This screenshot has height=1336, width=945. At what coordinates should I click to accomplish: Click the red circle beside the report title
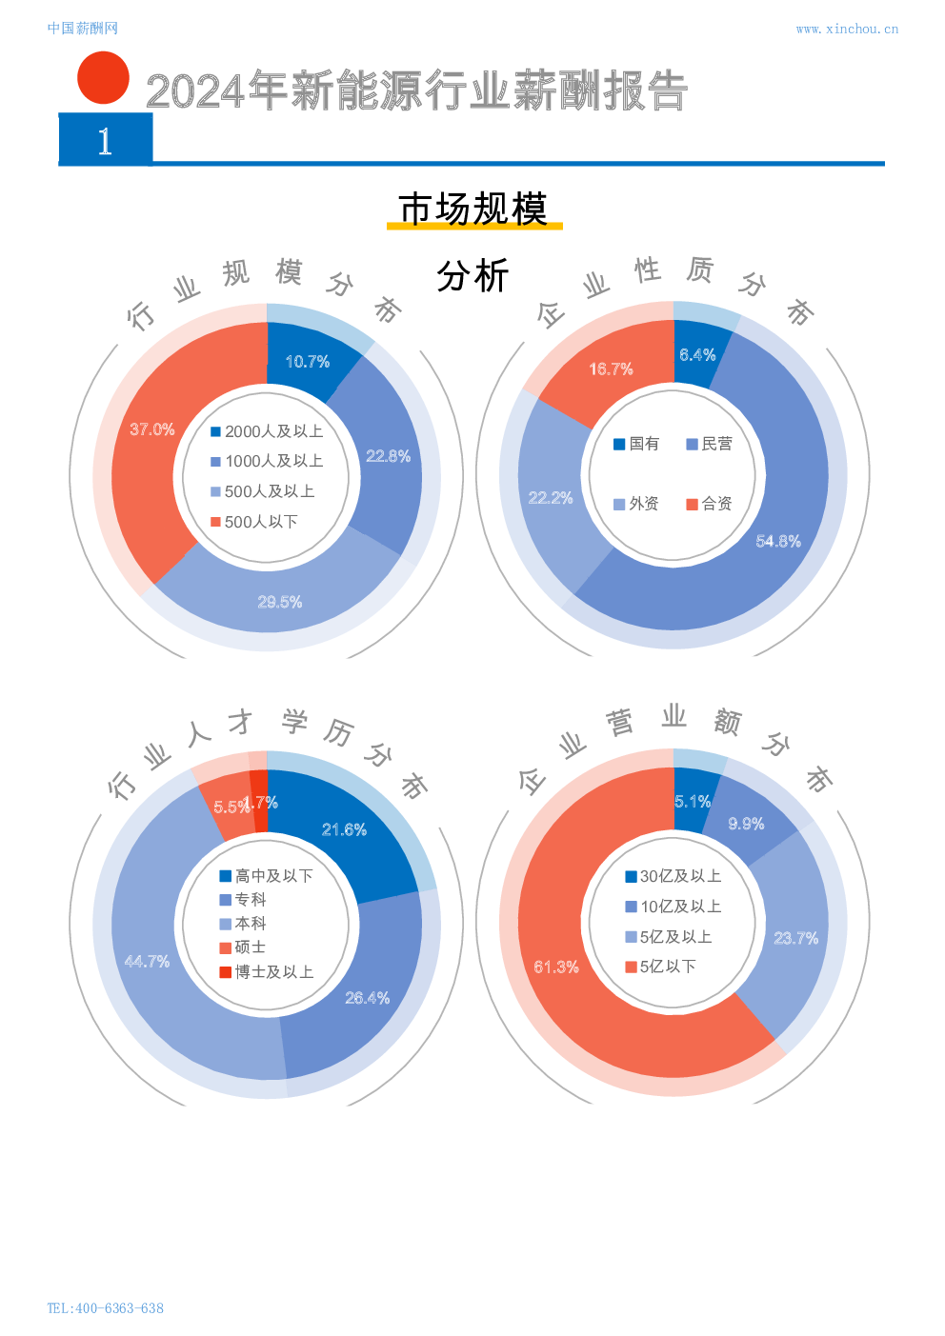(103, 78)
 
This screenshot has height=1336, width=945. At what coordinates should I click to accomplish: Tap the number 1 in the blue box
(105, 141)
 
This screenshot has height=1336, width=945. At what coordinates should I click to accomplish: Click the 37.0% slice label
(152, 429)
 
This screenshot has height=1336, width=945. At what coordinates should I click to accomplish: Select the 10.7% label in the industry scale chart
(308, 362)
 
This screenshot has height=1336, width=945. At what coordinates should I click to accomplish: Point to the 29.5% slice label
(280, 602)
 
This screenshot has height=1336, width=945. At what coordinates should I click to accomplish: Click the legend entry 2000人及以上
(267, 431)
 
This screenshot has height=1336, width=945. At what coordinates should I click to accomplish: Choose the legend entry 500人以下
(254, 522)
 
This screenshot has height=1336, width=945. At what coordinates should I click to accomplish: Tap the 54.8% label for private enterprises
(778, 541)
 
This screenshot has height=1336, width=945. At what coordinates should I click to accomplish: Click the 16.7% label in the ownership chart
(611, 369)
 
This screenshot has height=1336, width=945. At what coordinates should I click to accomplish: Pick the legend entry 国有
(636, 444)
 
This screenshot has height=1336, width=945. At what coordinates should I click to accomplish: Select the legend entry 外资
(636, 504)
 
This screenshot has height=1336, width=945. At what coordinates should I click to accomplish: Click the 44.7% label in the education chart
(147, 962)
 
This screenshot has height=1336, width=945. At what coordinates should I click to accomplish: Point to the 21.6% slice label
(344, 829)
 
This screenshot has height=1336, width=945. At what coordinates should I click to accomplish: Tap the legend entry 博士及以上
(266, 972)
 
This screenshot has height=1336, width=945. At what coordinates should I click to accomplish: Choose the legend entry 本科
(243, 924)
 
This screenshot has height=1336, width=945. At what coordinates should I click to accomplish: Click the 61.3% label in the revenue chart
(556, 967)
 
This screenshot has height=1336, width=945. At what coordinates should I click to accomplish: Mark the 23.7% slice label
(795, 938)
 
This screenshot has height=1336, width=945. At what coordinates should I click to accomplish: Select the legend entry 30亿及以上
(673, 876)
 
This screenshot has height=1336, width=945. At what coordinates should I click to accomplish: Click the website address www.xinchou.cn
(846, 30)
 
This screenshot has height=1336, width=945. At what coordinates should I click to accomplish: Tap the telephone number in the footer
(105, 1308)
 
